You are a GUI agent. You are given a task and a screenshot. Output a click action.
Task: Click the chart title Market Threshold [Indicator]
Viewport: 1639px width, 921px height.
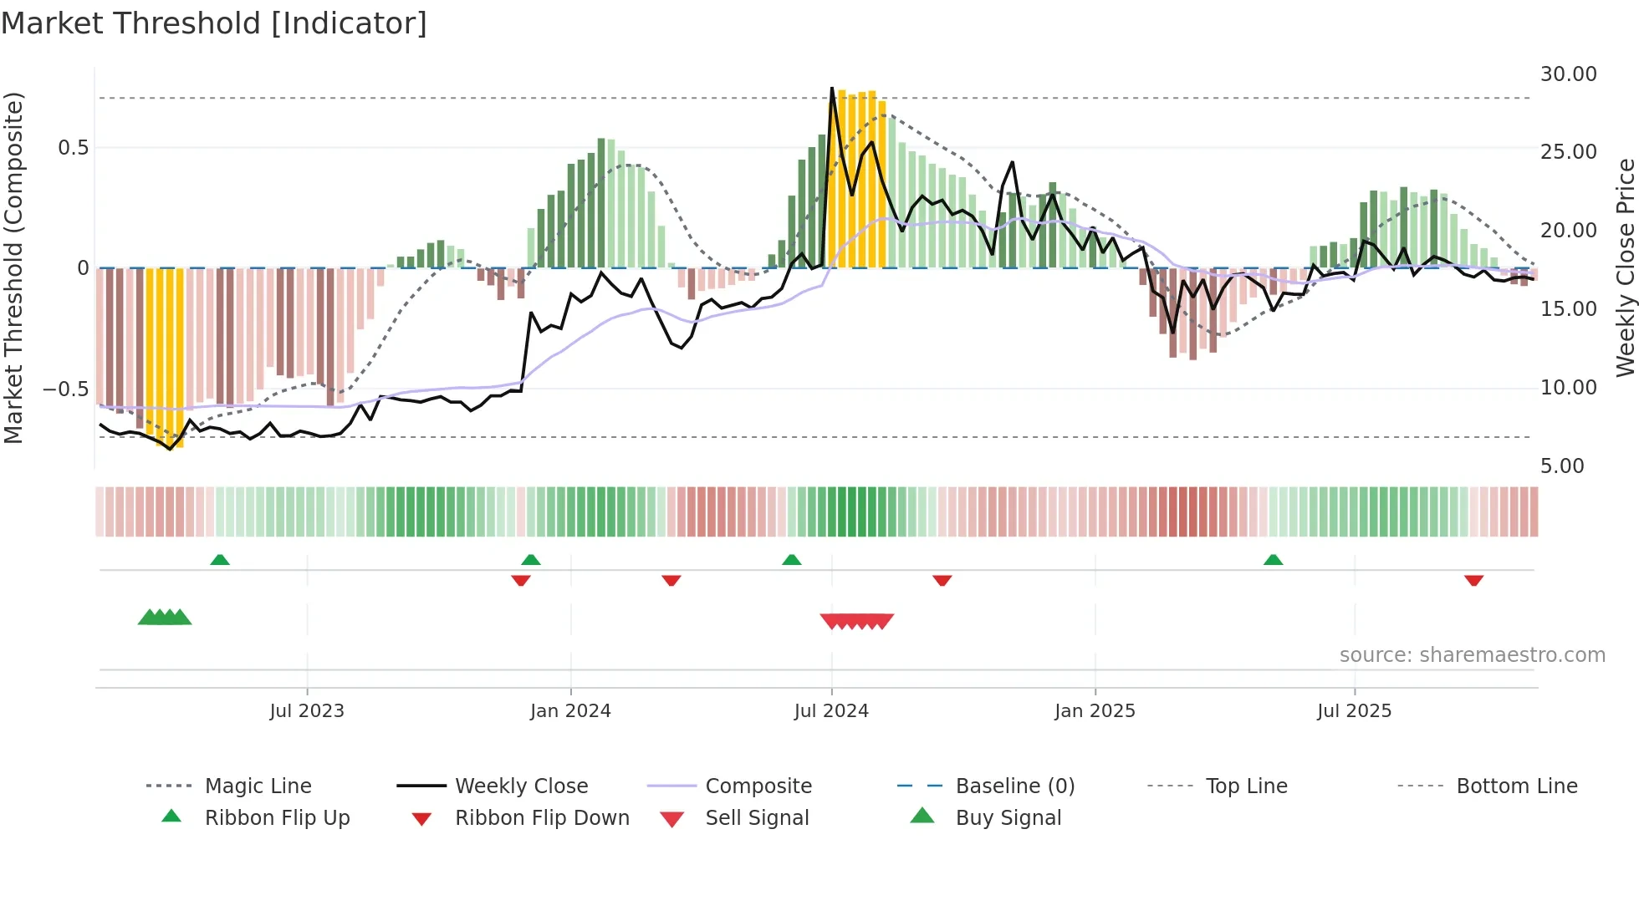click(214, 23)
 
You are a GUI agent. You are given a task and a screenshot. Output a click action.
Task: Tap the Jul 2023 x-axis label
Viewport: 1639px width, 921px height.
click(307, 711)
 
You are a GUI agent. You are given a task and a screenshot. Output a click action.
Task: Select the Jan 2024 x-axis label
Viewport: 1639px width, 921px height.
click(570, 711)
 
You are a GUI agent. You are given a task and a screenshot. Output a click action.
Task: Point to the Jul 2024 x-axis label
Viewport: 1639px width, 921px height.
click(831, 711)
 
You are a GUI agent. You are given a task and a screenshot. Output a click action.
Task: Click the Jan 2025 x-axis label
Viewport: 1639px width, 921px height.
click(1095, 711)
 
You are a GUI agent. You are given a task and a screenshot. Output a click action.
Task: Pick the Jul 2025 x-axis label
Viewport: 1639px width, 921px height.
click(1354, 711)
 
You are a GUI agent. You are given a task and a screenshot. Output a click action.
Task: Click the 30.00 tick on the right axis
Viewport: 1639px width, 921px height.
click(1568, 74)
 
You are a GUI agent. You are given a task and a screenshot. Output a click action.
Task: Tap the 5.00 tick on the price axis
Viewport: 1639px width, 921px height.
click(1561, 466)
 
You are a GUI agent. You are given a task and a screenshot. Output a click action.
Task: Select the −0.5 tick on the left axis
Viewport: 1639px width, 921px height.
click(65, 389)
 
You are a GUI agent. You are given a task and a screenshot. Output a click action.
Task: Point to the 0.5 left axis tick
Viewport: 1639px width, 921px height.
click(73, 148)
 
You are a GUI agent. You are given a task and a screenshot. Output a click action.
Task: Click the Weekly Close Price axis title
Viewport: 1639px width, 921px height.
click(1625, 267)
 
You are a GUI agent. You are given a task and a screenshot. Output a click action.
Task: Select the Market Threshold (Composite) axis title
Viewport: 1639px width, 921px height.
click(13, 267)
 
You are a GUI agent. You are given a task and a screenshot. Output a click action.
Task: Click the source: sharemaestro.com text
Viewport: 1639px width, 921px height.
click(1472, 655)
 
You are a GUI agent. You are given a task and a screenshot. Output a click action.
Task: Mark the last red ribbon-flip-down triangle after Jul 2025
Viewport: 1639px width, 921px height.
click(1473, 580)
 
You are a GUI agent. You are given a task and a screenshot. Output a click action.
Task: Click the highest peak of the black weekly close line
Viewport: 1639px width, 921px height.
click(831, 88)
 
